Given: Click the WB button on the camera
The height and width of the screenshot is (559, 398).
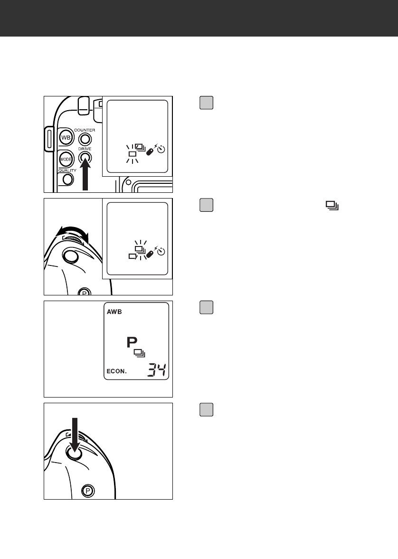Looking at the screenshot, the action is pos(65,137).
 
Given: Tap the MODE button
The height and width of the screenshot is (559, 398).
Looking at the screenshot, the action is pos(65,158).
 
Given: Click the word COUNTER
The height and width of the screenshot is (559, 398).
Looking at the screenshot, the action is pos(84,130).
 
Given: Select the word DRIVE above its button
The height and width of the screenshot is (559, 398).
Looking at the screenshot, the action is pos(85,149).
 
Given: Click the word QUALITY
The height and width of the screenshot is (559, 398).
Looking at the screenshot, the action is pos(67,170).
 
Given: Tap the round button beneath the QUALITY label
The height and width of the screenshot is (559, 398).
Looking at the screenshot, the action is pos(68,179).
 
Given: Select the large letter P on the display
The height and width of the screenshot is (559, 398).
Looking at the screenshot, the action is pos(131,342).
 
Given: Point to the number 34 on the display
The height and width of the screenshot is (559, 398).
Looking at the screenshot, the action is pos(156,370).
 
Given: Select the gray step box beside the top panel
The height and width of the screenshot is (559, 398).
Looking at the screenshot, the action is pos(206,103).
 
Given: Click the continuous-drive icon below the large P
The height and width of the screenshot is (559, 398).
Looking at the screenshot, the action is pos(139,353).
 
